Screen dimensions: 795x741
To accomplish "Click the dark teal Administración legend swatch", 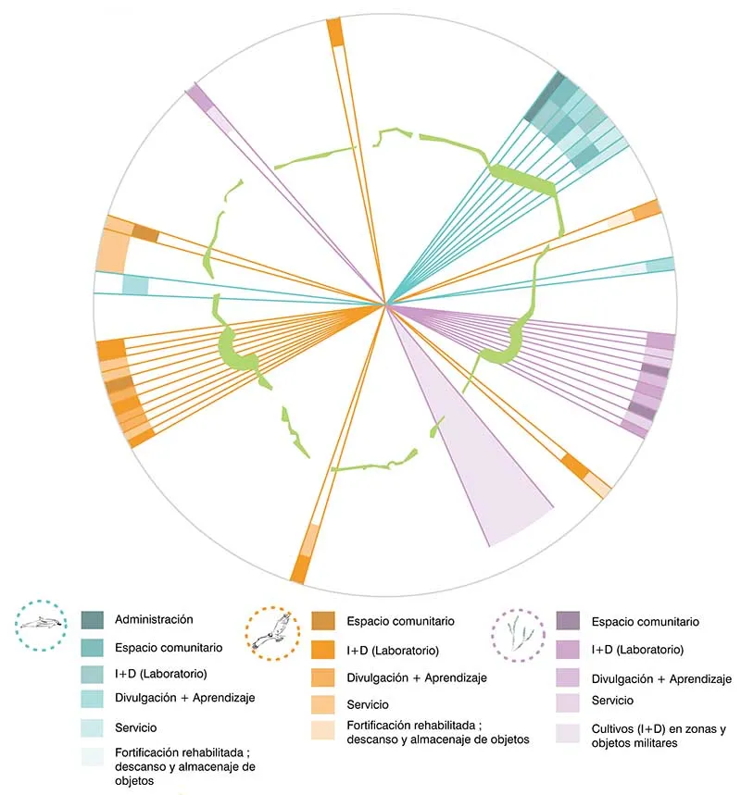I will point(92,619).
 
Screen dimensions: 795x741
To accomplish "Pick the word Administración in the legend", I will point(155,619).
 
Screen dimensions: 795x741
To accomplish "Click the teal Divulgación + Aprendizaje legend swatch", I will point(92,696).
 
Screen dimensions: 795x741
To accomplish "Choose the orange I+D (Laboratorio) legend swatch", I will point(322,651).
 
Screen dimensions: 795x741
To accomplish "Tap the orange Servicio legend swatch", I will point(322,704).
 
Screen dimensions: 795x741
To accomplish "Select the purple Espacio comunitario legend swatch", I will point(569,621).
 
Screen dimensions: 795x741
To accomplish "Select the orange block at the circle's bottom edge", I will point(298,568).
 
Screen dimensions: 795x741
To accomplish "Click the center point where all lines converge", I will point(386,304).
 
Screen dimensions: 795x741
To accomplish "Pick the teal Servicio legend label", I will point(136,727).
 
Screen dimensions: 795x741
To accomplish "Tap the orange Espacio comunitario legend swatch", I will point(322,622).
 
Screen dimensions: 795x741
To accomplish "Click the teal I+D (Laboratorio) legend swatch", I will point(92,673).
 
